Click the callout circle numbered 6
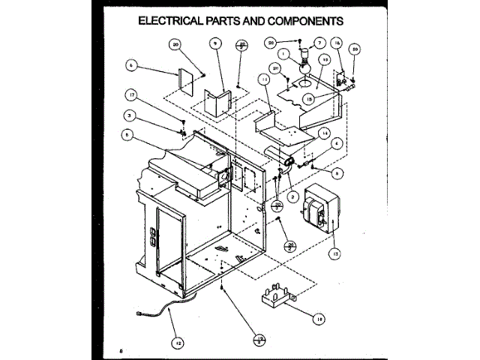click(x=132, y=66)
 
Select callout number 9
click(x=215, y=45)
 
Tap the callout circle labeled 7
click(x=319, y=43)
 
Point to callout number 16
click(x=337, y=43)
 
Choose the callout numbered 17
click(x=132, y=95)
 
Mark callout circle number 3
click(x=129, y=116)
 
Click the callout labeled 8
click(x=127, y=136)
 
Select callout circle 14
click(x=324, y=133)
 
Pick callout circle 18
click(x=319, y=318)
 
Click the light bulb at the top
click(x=304, y=63)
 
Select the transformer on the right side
click(x=319, y=212)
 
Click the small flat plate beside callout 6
click(x=184, y=82)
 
